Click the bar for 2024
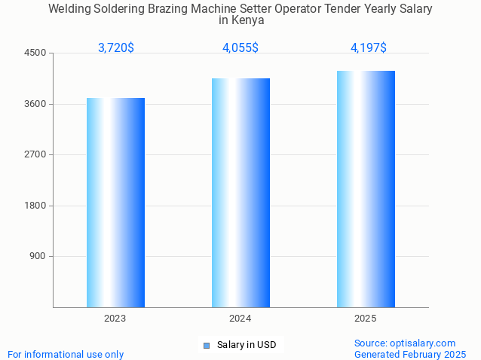tap(240, 192)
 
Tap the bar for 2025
tap(366, 188)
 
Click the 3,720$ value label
tap(116, 48)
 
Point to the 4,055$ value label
tap(240, 48)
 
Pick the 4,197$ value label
tap(369, 48)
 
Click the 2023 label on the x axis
tap(115, 319)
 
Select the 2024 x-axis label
tap(240, 319)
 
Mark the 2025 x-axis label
tap(366, 319)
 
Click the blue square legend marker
tap(206, 346)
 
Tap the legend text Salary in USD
tap(247, 346)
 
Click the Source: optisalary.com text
tap(405, 343)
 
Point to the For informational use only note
tap(66, 354)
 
